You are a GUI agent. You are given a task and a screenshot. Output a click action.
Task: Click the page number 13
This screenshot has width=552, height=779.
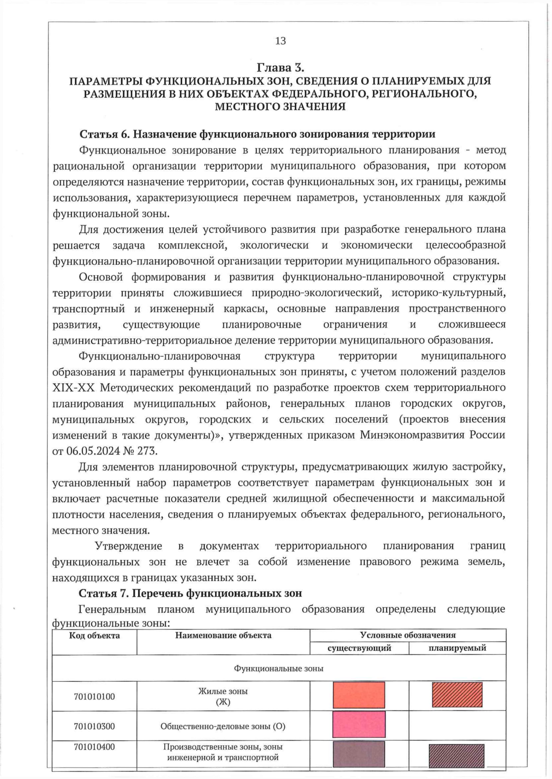tap(280, 41)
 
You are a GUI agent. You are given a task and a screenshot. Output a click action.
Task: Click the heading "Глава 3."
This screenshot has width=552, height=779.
tap(280, 68)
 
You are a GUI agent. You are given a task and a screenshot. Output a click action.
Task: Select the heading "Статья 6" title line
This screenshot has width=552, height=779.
tap(257, 134)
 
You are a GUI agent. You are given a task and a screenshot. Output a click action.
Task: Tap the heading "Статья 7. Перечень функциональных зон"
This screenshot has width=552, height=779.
tap(190, 593)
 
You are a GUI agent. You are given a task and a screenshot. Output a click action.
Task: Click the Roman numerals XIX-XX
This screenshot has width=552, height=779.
tap(73, 388)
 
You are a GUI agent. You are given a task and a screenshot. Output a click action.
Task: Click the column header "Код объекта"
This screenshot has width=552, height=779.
tap(94, 635)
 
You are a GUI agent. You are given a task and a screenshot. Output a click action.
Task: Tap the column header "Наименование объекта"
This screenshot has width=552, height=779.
tap(223, 635)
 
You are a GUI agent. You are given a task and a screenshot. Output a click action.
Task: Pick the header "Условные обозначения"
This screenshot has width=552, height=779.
tap(408, 635)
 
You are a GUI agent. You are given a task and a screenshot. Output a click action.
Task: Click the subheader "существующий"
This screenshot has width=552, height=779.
tap(359, 648)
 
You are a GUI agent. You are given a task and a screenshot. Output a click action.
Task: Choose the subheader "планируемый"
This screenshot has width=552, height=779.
tap(457, 648)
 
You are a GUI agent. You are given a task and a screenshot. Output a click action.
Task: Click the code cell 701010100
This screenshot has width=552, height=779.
tap(94, 696)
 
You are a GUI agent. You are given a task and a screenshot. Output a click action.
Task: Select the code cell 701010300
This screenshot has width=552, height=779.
tap(94, 726)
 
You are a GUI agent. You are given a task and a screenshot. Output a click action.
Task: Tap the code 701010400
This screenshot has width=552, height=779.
tap(94, 747)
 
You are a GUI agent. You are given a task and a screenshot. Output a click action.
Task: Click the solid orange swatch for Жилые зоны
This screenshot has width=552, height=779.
tap(359, 695)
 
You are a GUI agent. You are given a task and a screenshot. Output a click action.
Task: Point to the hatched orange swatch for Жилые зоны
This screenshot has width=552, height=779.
tap(457, 695)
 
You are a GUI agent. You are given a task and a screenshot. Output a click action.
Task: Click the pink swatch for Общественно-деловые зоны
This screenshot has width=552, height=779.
tap(359, 725)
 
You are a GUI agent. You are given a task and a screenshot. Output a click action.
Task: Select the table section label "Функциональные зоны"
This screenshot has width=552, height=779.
tap(279, 668)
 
